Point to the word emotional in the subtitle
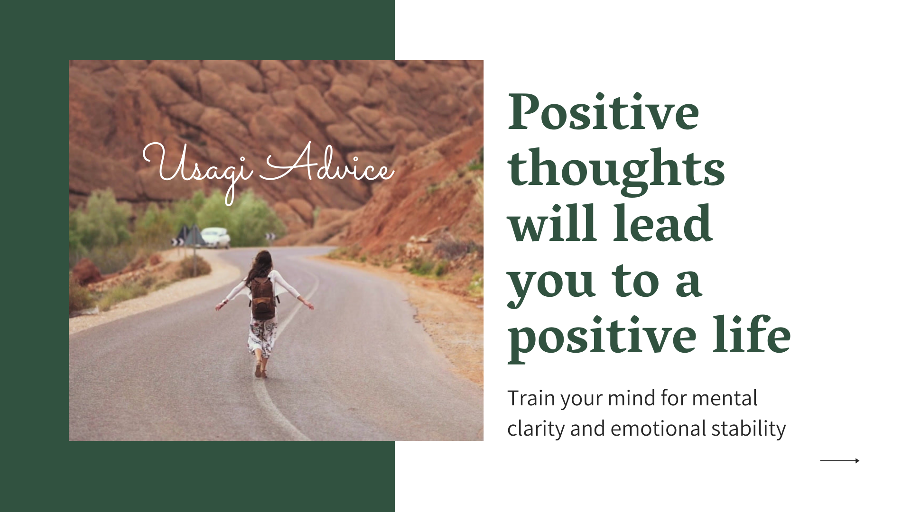coord(658,429)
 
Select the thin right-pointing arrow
coord(839,460)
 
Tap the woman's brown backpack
coord(262,298)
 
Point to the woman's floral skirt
coord(262,337)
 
